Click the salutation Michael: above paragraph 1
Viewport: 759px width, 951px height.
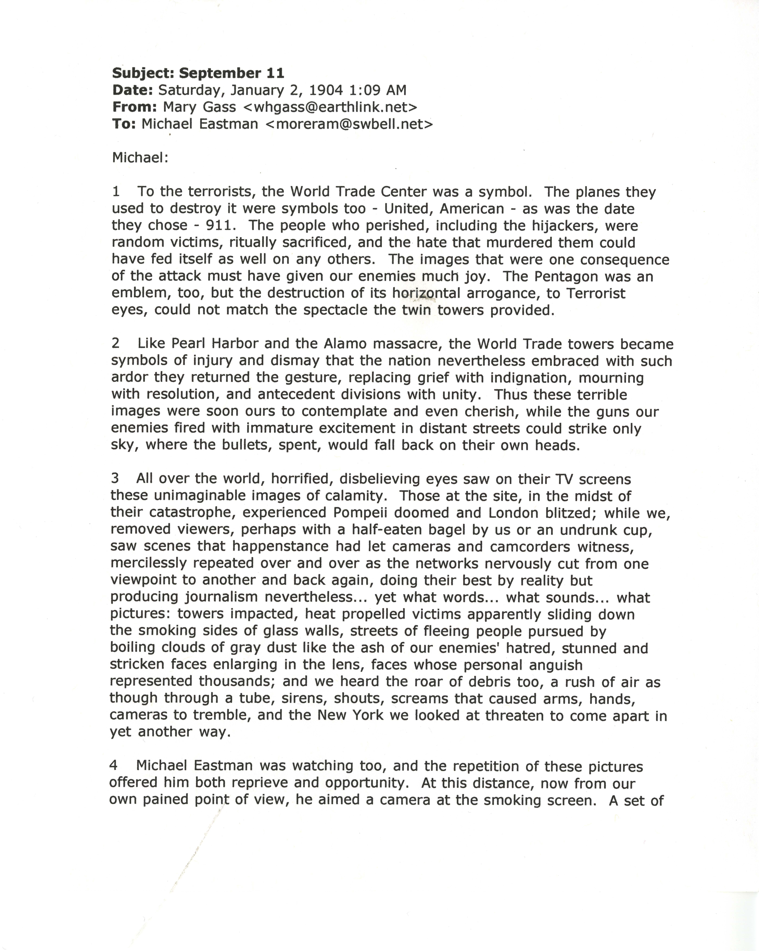click(140, 157)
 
